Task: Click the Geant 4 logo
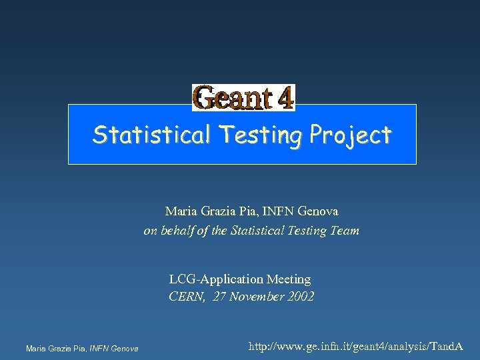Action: [x=243, y=97]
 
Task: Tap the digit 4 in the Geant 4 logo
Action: [x=284, y=97]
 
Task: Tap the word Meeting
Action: [x=289, y=279]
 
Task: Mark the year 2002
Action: [x=299, y=297]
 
